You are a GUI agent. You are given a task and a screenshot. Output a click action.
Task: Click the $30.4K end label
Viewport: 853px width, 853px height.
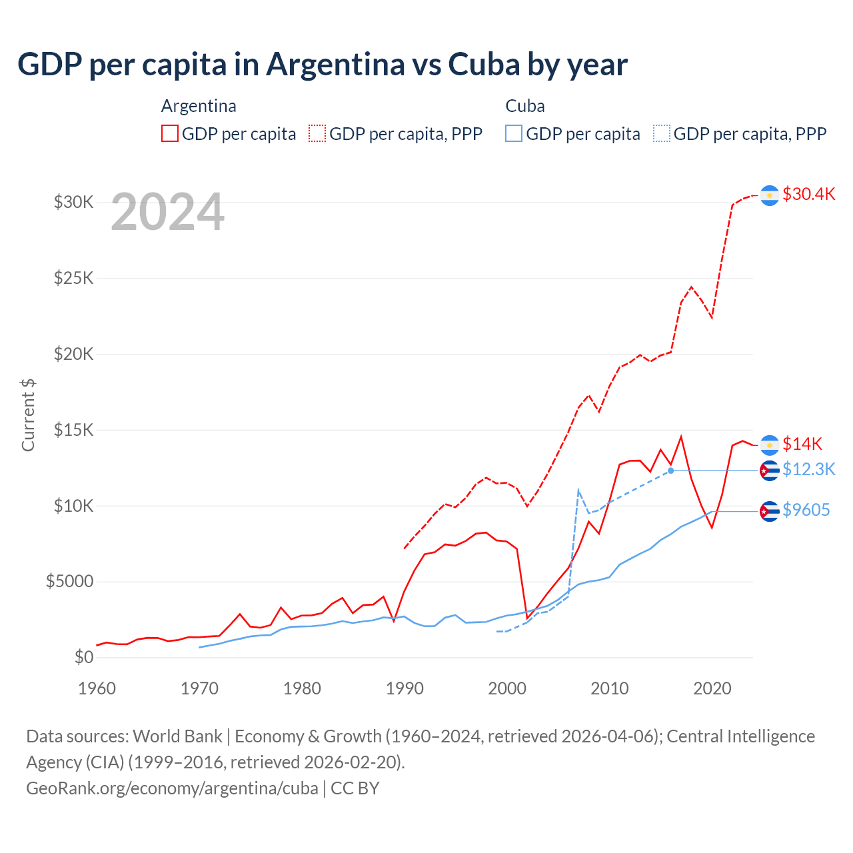point(808,194)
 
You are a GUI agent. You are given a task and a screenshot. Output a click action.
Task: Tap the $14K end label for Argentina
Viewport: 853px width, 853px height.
point(802,444)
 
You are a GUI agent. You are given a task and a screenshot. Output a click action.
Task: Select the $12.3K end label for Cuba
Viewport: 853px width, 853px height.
point(808,469)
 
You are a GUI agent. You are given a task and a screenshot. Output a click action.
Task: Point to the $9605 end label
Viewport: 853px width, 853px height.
point(806,510)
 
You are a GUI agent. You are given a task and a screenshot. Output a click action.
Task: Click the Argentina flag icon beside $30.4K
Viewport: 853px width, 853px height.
point(770,195)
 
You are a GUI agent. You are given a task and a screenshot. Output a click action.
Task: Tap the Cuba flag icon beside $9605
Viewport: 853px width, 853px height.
point(770,511)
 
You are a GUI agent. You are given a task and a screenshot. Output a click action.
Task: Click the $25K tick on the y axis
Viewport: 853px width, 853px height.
point(74,278)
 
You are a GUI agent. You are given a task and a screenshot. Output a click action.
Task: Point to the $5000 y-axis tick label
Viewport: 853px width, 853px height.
point(70,582)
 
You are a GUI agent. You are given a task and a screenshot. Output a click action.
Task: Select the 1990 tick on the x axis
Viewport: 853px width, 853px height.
point(405,688)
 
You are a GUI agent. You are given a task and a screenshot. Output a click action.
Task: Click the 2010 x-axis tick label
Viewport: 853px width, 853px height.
point(610,688)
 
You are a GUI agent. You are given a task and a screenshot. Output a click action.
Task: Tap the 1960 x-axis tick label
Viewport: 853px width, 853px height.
point(97,688)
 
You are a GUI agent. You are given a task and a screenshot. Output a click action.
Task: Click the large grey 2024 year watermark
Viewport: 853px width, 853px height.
point(167,213)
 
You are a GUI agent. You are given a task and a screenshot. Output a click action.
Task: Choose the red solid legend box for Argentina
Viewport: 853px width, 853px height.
point(170,133)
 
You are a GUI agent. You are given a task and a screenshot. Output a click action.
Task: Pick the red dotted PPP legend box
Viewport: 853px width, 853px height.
point(317,133)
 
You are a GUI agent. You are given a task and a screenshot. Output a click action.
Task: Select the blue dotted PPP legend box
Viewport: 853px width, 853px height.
point(662,133)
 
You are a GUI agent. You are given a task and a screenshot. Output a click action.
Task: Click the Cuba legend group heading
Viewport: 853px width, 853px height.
point(525,106)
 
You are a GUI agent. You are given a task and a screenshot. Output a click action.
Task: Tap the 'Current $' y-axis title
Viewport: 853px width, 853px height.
point(28,415)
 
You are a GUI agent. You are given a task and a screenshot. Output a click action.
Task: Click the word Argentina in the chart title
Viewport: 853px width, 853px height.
point(336,65)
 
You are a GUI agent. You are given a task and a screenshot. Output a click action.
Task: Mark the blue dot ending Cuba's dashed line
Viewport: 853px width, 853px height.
point(671,470)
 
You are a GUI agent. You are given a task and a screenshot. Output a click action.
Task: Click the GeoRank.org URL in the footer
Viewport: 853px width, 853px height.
point(172,788)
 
